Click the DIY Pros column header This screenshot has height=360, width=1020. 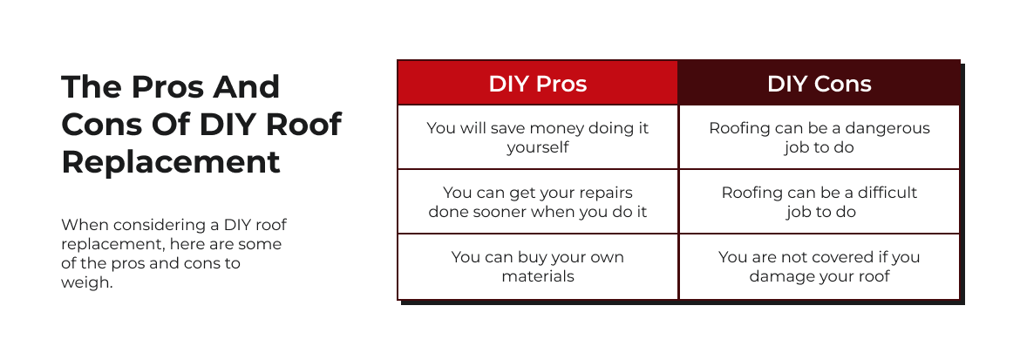538,84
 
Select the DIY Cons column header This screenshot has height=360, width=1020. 819,84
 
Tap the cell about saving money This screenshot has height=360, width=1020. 538,138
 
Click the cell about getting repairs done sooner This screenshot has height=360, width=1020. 538,202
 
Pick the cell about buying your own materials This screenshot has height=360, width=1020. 538,266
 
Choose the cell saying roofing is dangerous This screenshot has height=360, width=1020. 819,138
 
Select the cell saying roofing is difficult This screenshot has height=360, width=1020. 819,202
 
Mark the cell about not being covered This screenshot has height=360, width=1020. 819,266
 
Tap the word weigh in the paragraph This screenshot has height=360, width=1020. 87,283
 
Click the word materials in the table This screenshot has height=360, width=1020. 538,276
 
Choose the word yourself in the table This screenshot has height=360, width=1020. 538,148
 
